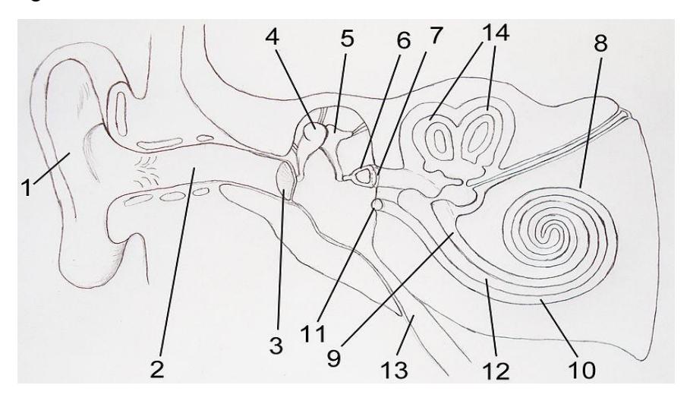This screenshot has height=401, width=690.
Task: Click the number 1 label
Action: (27, 188)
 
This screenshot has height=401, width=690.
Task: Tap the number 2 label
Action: (156, 368)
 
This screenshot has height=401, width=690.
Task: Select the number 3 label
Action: (276, 345)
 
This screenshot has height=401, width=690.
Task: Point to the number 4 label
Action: (272, 37)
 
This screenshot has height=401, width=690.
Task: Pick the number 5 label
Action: (347, 38)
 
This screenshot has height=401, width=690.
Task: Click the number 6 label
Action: (403, 40)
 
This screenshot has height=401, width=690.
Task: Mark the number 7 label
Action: (434, 35)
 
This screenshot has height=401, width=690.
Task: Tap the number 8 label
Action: (600, 43)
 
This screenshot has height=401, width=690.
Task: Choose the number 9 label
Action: (333, 358)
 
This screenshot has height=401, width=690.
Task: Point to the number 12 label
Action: (496, 371)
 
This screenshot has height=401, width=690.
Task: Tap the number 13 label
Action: (394, 370)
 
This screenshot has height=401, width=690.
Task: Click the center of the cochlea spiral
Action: (547, 232)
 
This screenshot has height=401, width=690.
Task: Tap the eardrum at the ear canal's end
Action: (285, 181)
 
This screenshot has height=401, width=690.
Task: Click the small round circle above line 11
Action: (377, 204)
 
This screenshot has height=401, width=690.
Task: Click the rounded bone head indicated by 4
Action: (314, 131)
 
